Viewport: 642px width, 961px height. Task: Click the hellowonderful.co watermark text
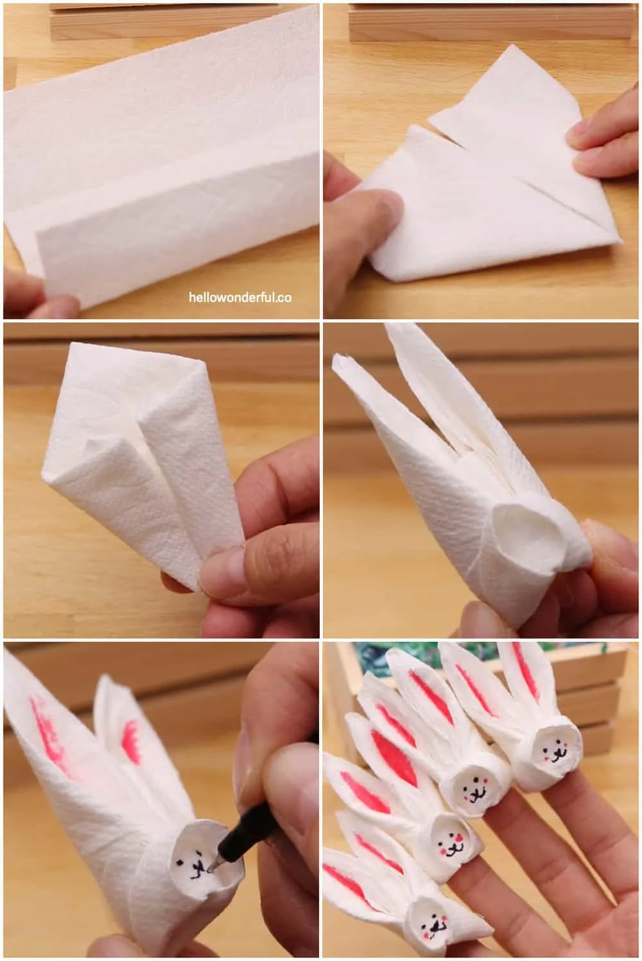(240, 297)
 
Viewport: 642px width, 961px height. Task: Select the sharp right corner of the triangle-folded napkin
(621, 241)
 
